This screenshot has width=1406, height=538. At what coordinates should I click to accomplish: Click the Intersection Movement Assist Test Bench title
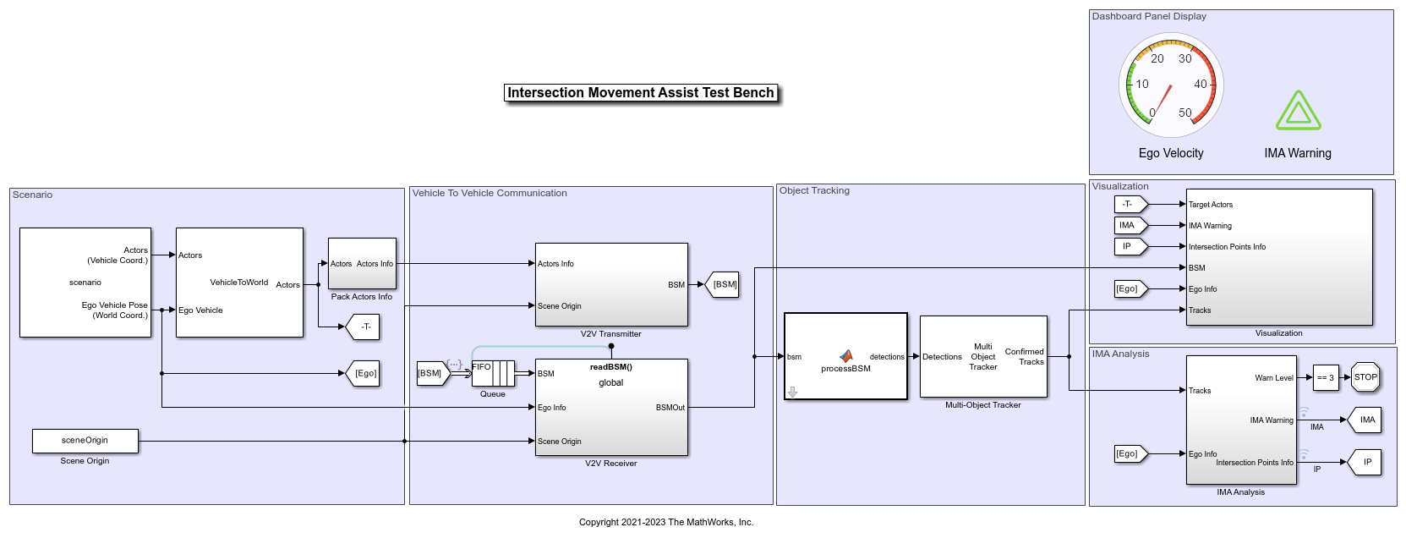641,93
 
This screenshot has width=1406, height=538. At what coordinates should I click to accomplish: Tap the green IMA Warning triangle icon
1298,112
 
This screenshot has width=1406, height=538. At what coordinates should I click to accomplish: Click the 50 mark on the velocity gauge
1185,113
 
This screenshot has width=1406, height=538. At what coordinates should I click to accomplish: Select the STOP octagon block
1365,377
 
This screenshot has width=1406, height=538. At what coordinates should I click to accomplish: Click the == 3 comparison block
1325,378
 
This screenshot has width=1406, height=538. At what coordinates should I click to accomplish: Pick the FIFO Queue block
493,373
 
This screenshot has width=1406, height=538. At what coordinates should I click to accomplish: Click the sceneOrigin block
85,441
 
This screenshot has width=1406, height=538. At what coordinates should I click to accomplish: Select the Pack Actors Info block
362,264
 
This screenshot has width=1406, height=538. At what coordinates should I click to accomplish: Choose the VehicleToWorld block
239,283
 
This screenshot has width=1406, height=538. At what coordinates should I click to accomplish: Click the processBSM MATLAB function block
845,357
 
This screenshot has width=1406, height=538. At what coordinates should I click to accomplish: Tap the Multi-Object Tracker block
983,357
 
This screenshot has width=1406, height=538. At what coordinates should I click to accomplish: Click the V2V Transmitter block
611,285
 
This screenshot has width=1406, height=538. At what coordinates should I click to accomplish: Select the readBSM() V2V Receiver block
611,407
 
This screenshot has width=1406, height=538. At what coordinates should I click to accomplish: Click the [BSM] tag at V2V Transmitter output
724,285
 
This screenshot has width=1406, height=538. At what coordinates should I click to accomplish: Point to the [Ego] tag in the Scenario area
364,373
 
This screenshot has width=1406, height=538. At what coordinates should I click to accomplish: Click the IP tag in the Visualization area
1129,246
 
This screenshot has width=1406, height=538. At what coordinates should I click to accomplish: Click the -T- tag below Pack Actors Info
364,327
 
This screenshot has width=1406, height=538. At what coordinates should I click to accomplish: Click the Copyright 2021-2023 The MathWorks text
666,522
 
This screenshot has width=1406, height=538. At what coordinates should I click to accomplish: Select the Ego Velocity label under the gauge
1171,153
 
